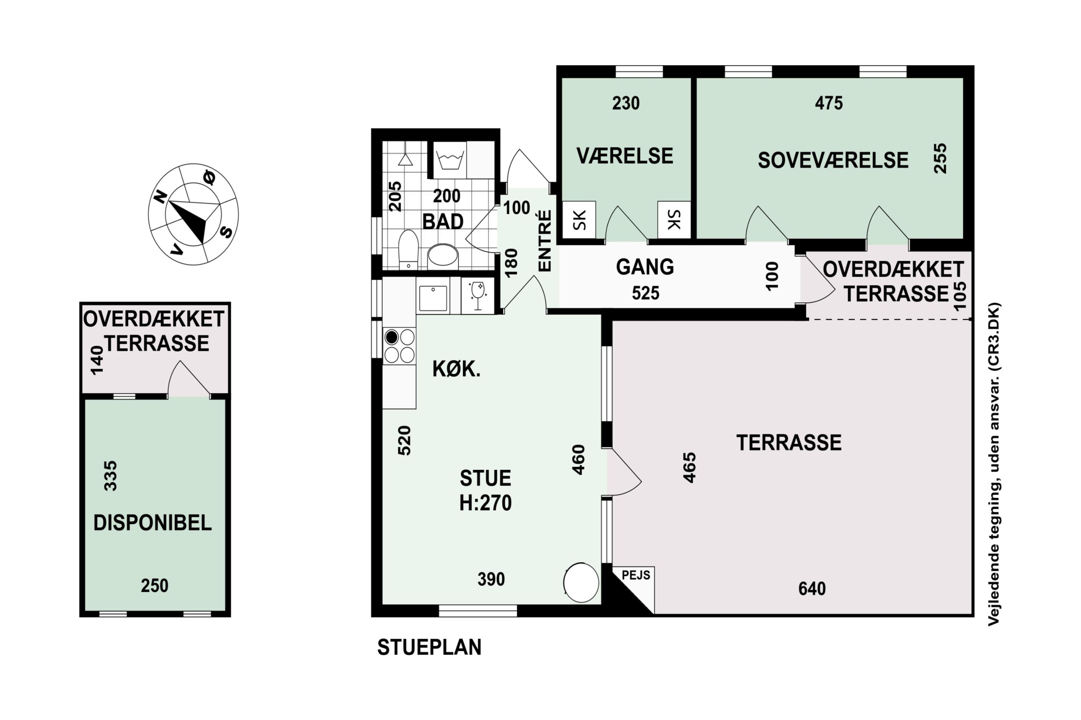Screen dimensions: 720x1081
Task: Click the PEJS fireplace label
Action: [x=636, y=575]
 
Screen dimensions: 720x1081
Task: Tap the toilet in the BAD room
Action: [x=408, y=250]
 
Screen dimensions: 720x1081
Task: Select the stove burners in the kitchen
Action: [x=399, y=346]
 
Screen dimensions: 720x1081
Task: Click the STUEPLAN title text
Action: [x=429, y=647]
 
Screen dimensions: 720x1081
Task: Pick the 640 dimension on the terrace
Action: [x=812, y=589]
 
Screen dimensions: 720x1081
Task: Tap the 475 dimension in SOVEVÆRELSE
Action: [x=829, y=103]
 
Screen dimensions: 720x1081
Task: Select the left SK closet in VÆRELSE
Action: [x=579, y=220]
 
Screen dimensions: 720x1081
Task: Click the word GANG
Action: [x=645, y=267]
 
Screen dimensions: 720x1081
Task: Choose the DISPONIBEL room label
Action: [x=152, y=523]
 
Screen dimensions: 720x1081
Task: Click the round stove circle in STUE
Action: [x=582, y=582]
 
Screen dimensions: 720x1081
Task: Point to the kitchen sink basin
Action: [x=433, y=298]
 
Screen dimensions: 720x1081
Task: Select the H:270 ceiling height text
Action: [x=485, y=503]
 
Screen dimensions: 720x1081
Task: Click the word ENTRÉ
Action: [x=544, y=241]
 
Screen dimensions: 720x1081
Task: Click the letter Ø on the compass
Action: [x=209, y=177]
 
